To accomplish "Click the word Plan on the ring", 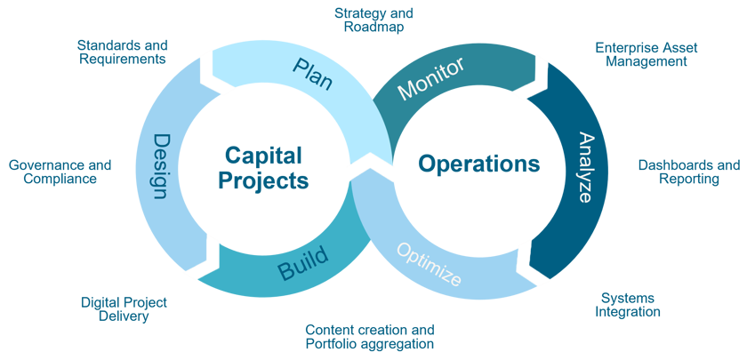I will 313,76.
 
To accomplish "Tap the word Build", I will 303,262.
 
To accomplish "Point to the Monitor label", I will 430,78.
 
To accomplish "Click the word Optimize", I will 428,265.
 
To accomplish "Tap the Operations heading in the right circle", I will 478,164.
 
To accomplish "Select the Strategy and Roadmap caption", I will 373,20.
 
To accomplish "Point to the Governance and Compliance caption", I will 60,171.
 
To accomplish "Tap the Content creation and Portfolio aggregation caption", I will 370,335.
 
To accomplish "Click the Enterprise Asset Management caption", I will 647,55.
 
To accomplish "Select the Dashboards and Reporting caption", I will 689,172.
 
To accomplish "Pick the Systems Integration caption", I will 629,304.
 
